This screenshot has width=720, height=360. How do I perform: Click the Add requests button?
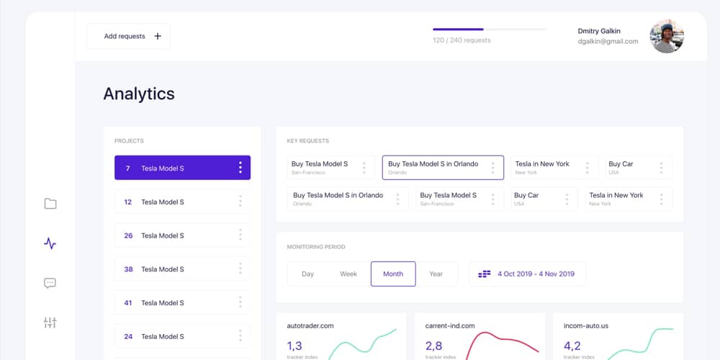coord(128,36)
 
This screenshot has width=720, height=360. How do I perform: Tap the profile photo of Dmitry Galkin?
coord(666,36)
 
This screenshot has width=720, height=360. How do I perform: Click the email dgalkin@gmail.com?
coord(608,42)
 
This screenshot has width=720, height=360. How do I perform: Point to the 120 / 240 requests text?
coord(462,40)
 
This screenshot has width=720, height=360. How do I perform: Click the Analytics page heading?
coord(139,94)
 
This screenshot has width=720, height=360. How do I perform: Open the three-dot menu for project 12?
coord(240,202)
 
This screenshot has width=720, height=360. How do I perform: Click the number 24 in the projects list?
coord(128,336)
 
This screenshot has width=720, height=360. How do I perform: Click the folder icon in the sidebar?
coord(50,204)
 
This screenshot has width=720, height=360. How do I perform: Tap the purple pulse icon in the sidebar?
coord(50,243)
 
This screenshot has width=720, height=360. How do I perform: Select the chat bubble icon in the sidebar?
coord(50,283)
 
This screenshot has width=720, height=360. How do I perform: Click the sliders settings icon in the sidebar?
coord(50,323)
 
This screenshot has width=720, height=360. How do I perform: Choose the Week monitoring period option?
coord(348,274)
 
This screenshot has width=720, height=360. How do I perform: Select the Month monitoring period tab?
coord(393,274)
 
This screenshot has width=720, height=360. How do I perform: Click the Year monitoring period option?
coord(436,274)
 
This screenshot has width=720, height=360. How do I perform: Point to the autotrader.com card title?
coord(310,325)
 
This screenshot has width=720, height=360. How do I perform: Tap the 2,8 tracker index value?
coord(433,346)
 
